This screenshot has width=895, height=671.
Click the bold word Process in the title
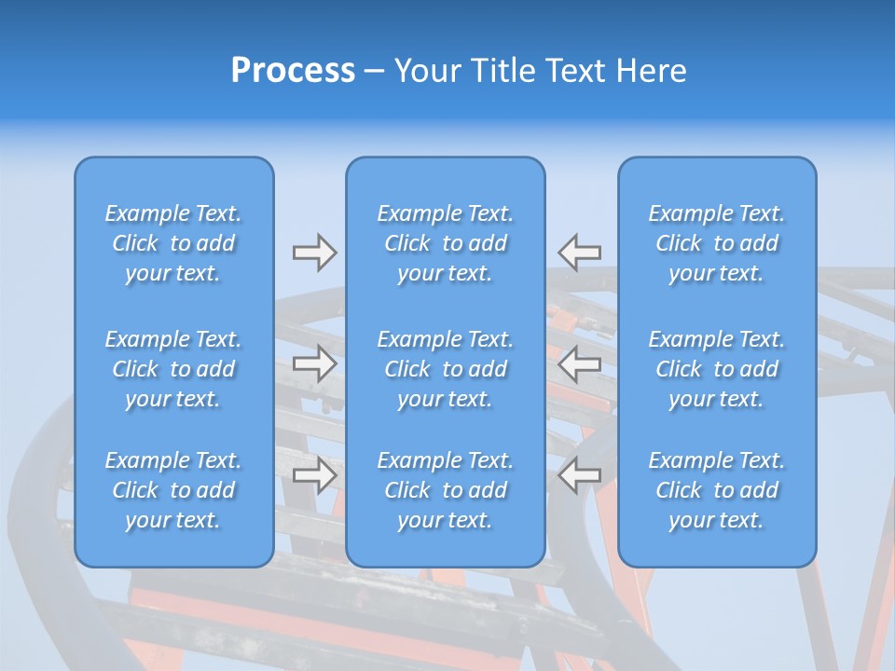[x=293, y=71]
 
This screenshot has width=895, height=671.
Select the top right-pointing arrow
[x=314, y=253]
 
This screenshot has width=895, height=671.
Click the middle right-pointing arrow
[x=314, y=363]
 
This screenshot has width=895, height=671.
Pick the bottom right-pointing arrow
[x=314, y=475]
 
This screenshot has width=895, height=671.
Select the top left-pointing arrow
[x=580, y=253]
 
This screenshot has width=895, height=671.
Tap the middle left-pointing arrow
[x=580, y=363]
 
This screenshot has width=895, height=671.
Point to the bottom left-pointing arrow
[x=580, y=475]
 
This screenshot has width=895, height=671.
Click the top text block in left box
[x=173, y=243]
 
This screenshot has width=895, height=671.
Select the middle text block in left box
[x=173, y=369]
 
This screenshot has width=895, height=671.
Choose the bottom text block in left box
[x=173, y=490]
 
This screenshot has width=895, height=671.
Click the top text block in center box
[x=445, y=243]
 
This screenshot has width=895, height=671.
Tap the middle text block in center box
[x=445, y=369]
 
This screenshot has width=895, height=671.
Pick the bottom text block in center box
[x=445, y=490]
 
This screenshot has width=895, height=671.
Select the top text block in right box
[x=716, y=243]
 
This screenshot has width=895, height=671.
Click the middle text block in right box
[x=716, y=369]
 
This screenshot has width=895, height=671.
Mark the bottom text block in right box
[x=716, y=490]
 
